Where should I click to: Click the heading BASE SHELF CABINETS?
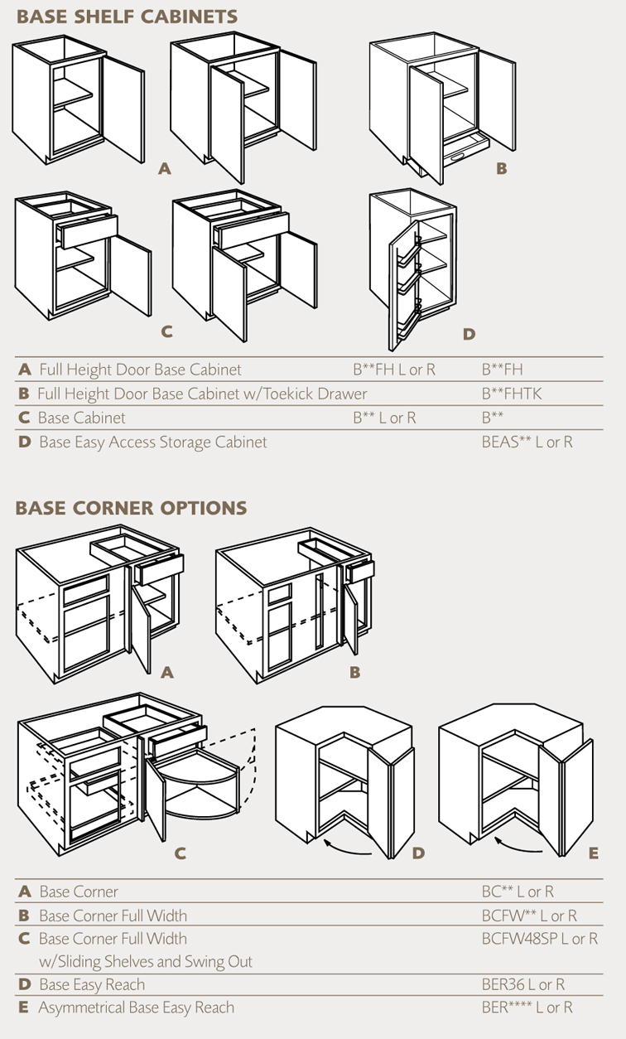pyautogui.click(x=127, y=17)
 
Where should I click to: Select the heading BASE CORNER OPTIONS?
pyautogui.click(x=131, y=507)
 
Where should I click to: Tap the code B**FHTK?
pyautogui.click(x=512, y=394)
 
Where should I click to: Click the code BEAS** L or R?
pyautogui.click(x=527, y=442)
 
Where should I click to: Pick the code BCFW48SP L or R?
pyautogui.click(x=539, y=939)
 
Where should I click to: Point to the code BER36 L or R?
pyautogui.click(x=522, y=985)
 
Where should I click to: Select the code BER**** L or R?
pyautogui.click(x=527, y=1008)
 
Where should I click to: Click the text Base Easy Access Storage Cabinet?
pyautogui.click(x=153, y=442)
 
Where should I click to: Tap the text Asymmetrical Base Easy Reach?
pyautogui.click(x=136, y=1008)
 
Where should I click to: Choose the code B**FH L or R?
pyautogui.click(x=394, y=370)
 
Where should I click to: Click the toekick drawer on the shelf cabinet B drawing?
pyautogui.click(x=464, y=155)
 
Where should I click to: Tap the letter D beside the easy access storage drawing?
pyautogui.click(x=469, y=334)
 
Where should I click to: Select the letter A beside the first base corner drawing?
pyautogui.click(x=167, y=673)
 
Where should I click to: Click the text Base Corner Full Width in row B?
pyautogui.click(x=113, y=916)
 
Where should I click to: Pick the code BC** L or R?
pyautogui.click(x=518, y=892)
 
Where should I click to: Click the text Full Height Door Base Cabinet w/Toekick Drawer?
pyautogui.click(x=202, y=394)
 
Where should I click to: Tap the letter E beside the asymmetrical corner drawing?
pyautogui.click(x=593, y=853)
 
